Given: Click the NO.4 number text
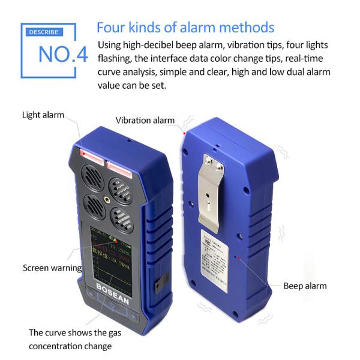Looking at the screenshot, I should pos(62,53).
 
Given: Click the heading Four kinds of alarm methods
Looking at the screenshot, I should pos(185,28).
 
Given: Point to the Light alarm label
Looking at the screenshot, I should pos(43,115).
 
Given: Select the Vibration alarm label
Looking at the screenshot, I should pos(145,120).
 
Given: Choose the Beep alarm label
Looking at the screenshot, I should pos(305,286).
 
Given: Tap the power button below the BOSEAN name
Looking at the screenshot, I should pos(112,308).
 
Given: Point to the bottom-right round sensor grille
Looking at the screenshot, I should pos(122,220).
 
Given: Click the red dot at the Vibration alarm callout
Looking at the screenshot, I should pos(184,132).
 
